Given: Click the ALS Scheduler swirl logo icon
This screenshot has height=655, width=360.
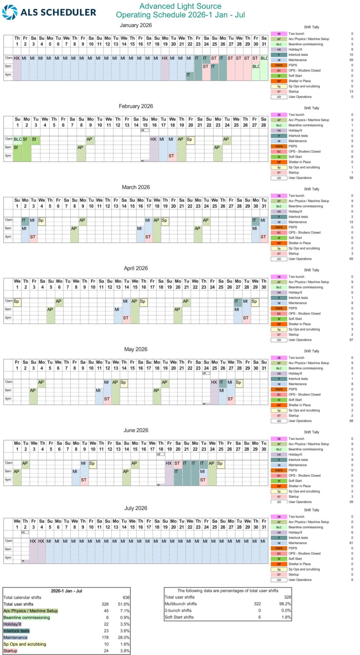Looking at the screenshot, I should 9,12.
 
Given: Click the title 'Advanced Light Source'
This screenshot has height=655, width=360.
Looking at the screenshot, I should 180,6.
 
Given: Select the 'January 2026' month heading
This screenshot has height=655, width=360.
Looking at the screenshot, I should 135,25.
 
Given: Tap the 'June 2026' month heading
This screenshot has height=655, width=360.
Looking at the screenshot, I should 135,430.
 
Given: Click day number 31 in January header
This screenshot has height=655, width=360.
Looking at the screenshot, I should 264,44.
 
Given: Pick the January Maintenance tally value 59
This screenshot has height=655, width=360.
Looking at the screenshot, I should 351,60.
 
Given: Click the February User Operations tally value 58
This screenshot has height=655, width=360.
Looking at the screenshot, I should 351,178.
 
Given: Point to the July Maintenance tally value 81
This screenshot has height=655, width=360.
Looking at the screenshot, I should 351,543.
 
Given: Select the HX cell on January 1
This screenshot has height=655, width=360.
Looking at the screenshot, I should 17,58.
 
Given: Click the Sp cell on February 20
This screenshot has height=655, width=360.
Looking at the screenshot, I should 189,140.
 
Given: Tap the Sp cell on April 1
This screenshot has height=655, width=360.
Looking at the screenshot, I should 17,301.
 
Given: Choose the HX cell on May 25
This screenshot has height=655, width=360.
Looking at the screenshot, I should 214,382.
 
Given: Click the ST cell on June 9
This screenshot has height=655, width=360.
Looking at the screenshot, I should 84,480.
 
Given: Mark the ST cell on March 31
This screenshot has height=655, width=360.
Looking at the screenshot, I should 263,237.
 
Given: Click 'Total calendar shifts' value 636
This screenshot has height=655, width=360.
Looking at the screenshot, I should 126,598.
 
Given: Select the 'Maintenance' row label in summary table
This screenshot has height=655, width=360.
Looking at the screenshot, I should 15,638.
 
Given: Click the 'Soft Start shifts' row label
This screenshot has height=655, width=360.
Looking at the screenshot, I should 179,617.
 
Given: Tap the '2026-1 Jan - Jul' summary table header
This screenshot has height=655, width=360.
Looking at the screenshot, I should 66,591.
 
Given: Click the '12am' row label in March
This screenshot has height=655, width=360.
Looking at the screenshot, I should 9,220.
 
